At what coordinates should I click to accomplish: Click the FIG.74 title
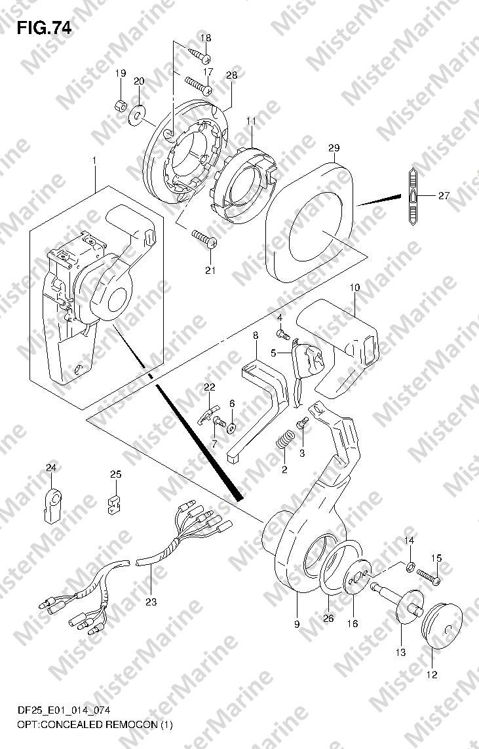pos(44,29)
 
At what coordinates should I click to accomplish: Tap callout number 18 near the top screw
pos(205,38)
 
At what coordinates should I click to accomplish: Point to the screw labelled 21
pos(204,239)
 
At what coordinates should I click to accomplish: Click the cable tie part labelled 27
pos(413,197)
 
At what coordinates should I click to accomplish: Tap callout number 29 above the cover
pos(334,149)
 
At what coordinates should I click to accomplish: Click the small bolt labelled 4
pos(283,334)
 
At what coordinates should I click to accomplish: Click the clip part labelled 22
pos(207,413)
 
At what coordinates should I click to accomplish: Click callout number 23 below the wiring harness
pos(151,602)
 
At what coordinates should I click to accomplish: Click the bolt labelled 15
pos(429,575)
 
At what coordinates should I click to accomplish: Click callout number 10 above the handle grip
pos(355,288)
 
